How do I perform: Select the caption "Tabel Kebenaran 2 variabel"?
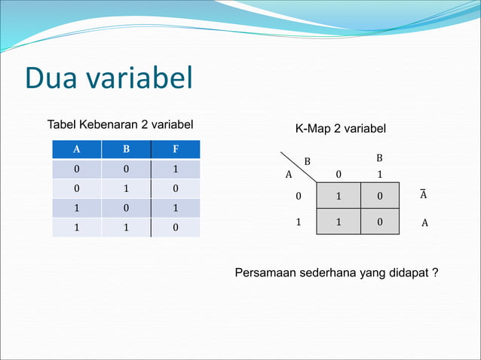click(x=121, y=124)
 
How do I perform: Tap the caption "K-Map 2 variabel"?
click(x=340, y=130)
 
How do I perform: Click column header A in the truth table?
click(x=76, y=149)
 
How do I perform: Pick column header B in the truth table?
click(x=126, y=149)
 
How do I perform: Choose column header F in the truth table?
click(x=175, y=149)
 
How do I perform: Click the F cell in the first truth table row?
click(x=175, y=169)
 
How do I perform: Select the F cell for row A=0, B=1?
click(x=175, y=188)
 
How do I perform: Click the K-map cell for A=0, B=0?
click(x=338, y=196)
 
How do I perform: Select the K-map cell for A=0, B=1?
click(x=379, y=196)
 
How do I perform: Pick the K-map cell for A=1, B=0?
click(x=338, y=222)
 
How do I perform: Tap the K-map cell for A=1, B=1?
click(x=379, y=222)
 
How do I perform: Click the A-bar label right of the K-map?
click(x=423, y=195)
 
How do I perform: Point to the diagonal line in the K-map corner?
click(x=298, y=166)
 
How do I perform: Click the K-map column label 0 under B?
click(x=339, y=174)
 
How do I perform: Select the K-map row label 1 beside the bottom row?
click(x=298, y=222)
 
